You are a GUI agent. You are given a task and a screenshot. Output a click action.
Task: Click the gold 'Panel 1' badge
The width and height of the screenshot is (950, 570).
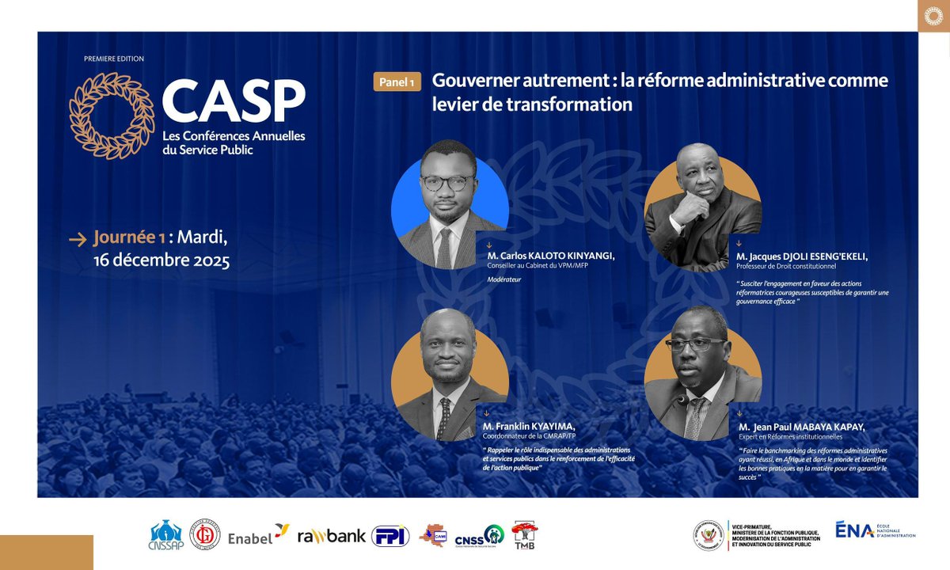[x=397, y=82]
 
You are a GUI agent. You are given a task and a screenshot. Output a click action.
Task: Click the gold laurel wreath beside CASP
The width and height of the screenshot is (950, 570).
[x=112, y=116]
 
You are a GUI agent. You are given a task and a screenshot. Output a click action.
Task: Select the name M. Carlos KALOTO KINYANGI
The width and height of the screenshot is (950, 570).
[x=551, y=255]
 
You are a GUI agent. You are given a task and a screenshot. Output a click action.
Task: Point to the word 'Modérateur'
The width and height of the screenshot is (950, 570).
[x=504, y=279]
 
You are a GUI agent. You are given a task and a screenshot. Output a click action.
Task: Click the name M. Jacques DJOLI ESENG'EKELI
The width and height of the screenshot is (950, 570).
[x=802, y=256]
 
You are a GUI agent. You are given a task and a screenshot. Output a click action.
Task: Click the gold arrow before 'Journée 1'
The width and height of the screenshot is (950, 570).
[x=78, y=238]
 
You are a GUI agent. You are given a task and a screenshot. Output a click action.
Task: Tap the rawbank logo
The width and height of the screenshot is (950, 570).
[x=332, y=536]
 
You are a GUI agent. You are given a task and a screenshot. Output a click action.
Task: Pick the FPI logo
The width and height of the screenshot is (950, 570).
[x=390, y=536]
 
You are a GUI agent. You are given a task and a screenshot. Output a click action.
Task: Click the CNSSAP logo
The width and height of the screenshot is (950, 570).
[x=165, y=535]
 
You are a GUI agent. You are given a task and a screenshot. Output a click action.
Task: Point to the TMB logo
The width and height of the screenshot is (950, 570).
[x=524, y=534]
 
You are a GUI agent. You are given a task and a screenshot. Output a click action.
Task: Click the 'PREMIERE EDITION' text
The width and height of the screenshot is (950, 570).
[x=114, y=59]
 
